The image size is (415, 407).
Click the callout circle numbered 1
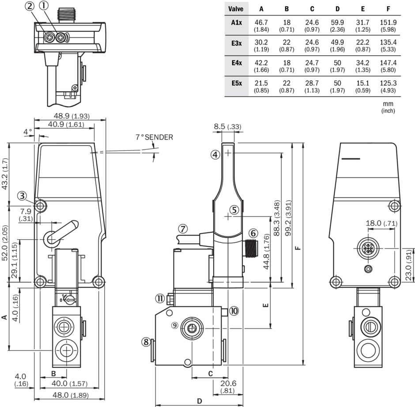(44, 6)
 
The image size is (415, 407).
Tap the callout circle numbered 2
(30, 6)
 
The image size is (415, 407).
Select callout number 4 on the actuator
(215, 155)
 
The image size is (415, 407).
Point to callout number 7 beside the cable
(183, 229)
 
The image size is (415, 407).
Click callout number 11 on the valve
(160, 299)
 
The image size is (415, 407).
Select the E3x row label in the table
(236, 43)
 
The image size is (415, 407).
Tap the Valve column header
(236, 9)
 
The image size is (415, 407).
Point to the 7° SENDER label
(154, 137)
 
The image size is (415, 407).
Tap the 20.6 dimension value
(228, 383)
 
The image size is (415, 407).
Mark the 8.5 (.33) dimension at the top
(227, 127)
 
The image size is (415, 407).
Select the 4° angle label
(28, 132)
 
